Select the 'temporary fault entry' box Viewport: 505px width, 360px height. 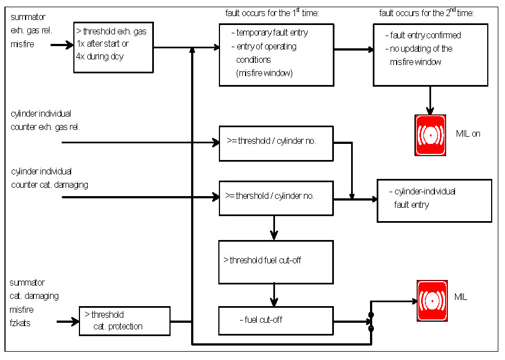pyautogui.click(x=276, y=54)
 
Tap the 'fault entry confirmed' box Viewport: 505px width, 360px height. pyautogui.click(x=430, y=55)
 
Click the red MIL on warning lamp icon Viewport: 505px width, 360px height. pyautogui.click(x=430, y=135)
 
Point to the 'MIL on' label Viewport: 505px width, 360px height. pyautogui.click(x=468, y=133)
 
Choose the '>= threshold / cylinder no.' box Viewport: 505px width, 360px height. pyautogui.click(x=276, y=143)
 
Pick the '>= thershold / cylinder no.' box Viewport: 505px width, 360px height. pyautogui.click(x=276, y=198)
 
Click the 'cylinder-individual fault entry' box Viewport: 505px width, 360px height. pyautogui.click(x=434, y=201)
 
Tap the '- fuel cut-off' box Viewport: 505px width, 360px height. pyautogui.click(x=276, y=321)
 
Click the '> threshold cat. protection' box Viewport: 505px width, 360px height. pyautogui.click(x=124, y=321)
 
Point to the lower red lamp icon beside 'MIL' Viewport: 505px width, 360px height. pyautogui.click(x=432, y=301)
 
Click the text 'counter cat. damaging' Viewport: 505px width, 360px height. pyautogui.click(x=49, y=184)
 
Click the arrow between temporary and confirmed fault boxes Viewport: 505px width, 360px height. pyautogui.click(x=353, y=49)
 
